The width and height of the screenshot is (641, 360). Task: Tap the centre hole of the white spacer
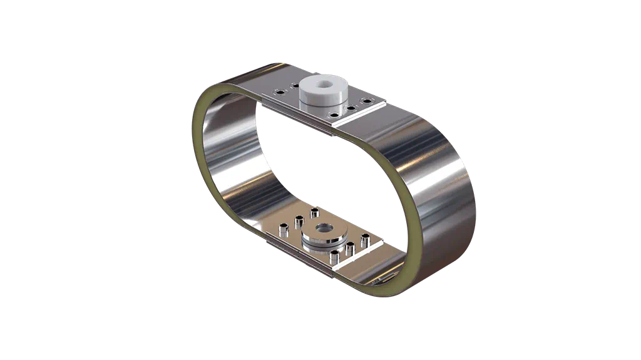(324, 84)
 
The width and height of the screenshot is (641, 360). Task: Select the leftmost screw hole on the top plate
(280, 92)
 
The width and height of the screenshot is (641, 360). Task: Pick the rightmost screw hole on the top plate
(367, 101)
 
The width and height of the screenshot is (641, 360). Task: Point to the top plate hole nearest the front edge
(334, 115)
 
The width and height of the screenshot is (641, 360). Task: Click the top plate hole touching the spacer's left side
(296, 86)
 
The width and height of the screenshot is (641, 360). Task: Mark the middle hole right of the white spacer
(351, 108)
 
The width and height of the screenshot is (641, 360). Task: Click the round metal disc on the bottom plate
(324, 234)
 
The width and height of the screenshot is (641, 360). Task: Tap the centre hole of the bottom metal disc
(324, 228)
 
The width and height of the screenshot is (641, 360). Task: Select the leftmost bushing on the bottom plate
(284, 230)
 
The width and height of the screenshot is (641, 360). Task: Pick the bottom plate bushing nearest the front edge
(334, 257)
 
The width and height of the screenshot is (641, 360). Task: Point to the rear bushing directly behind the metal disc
(315, 213)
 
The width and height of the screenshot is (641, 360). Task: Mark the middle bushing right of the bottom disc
(350, 249)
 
